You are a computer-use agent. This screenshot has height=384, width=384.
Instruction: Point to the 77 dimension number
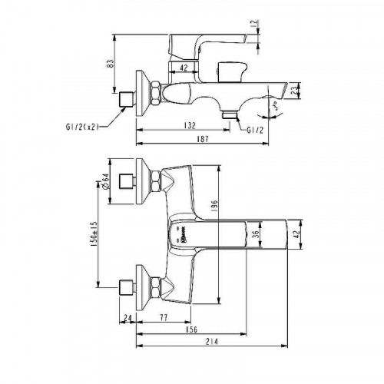164,316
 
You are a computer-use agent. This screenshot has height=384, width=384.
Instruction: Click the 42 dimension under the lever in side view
183,68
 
